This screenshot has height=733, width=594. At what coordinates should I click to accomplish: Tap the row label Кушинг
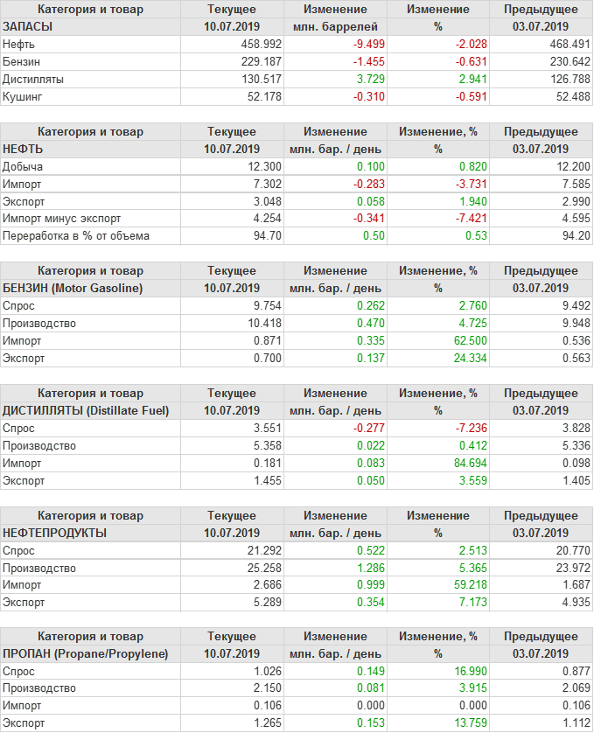pos(23,96)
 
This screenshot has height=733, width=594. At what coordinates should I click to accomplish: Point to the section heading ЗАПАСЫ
pos(28,26)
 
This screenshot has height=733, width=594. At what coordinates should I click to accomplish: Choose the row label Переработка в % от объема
pos(76,236)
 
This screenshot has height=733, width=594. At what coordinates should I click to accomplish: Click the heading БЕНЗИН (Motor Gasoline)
pos(73,288)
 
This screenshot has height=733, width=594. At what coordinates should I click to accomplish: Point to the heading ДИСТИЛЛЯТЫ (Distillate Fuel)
pos(86,410)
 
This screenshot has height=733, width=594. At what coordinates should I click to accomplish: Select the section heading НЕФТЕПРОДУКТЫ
pos(55,533)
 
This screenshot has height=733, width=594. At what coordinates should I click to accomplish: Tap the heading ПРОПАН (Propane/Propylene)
pos(86,653)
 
